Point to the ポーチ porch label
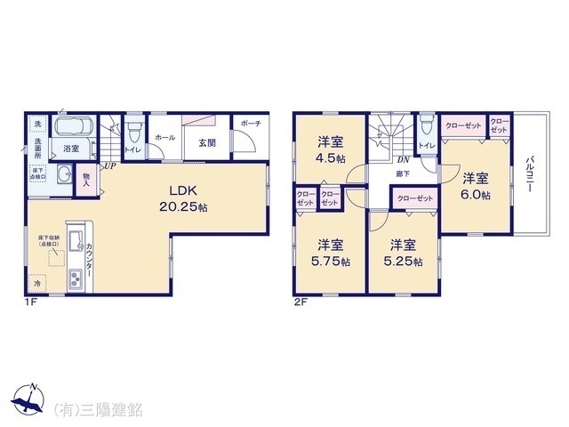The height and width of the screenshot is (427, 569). pyautogui.click(x=251, y=125)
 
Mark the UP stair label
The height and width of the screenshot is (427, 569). pyautogui.click(x=107, y=165)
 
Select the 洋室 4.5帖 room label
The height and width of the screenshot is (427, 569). pyautogui.click(x=333, y=147)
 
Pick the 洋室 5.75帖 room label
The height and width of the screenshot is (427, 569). pyautogui.click(x=333, y=253)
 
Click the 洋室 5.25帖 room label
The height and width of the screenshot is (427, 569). pyautogui.click(x=404, y=253)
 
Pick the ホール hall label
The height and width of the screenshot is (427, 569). pyautogui.click(x=164, y=138)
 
